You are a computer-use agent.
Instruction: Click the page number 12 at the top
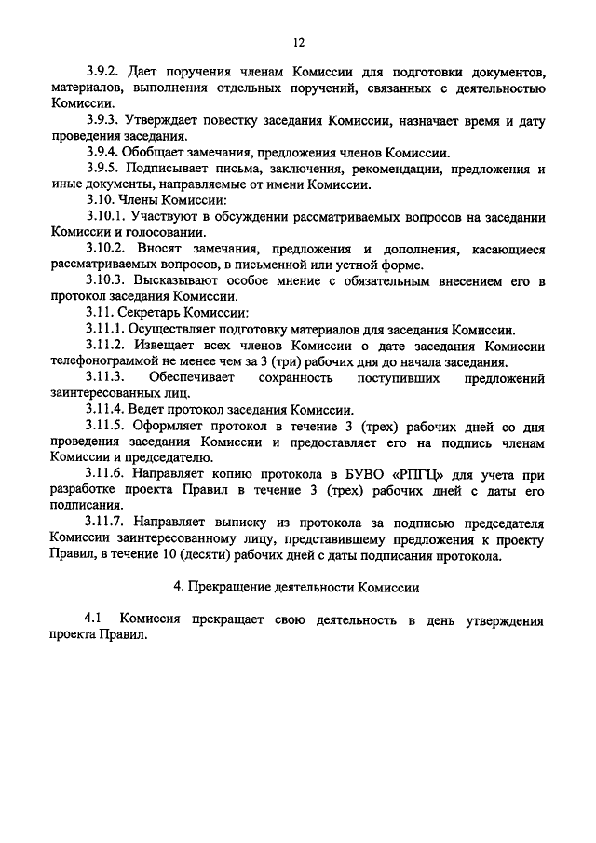(x=298, y=42)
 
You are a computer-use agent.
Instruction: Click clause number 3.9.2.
(x=103, y=72)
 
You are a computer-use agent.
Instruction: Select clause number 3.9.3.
(x=103, y=121)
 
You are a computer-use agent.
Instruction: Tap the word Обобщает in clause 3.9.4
(x=157, y=154)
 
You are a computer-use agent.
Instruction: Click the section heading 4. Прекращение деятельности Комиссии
(x=297, y=589)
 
